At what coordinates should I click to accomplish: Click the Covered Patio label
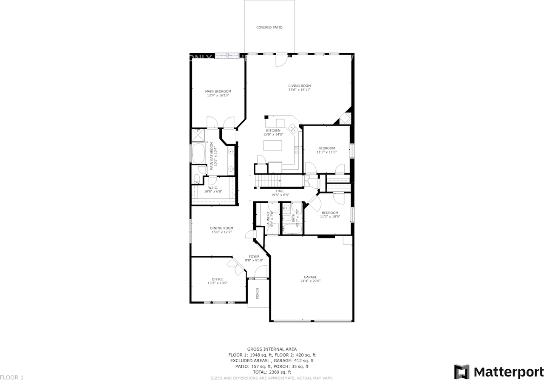(269, 28)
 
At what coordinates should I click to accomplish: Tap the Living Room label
(299, 86)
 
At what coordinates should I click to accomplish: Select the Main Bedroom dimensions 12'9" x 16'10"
(218, 96)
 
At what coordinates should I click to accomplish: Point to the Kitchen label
(273, 130)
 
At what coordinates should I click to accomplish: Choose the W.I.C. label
(213, 188)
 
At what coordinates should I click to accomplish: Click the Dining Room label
(221, 228)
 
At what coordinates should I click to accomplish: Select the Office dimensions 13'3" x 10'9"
(218, 283)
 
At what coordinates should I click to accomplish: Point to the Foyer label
(254, 257)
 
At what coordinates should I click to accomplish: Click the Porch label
(257, 293)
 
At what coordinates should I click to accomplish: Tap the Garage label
(310, 277)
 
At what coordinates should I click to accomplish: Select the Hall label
(280, 191)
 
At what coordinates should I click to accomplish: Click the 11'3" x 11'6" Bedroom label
(326, 148)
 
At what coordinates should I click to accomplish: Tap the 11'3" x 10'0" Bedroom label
(330, 213)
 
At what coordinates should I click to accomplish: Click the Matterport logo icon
(462, 371)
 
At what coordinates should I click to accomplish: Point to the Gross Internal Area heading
(272, 349)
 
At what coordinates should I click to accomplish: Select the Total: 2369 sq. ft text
(272, 372)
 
